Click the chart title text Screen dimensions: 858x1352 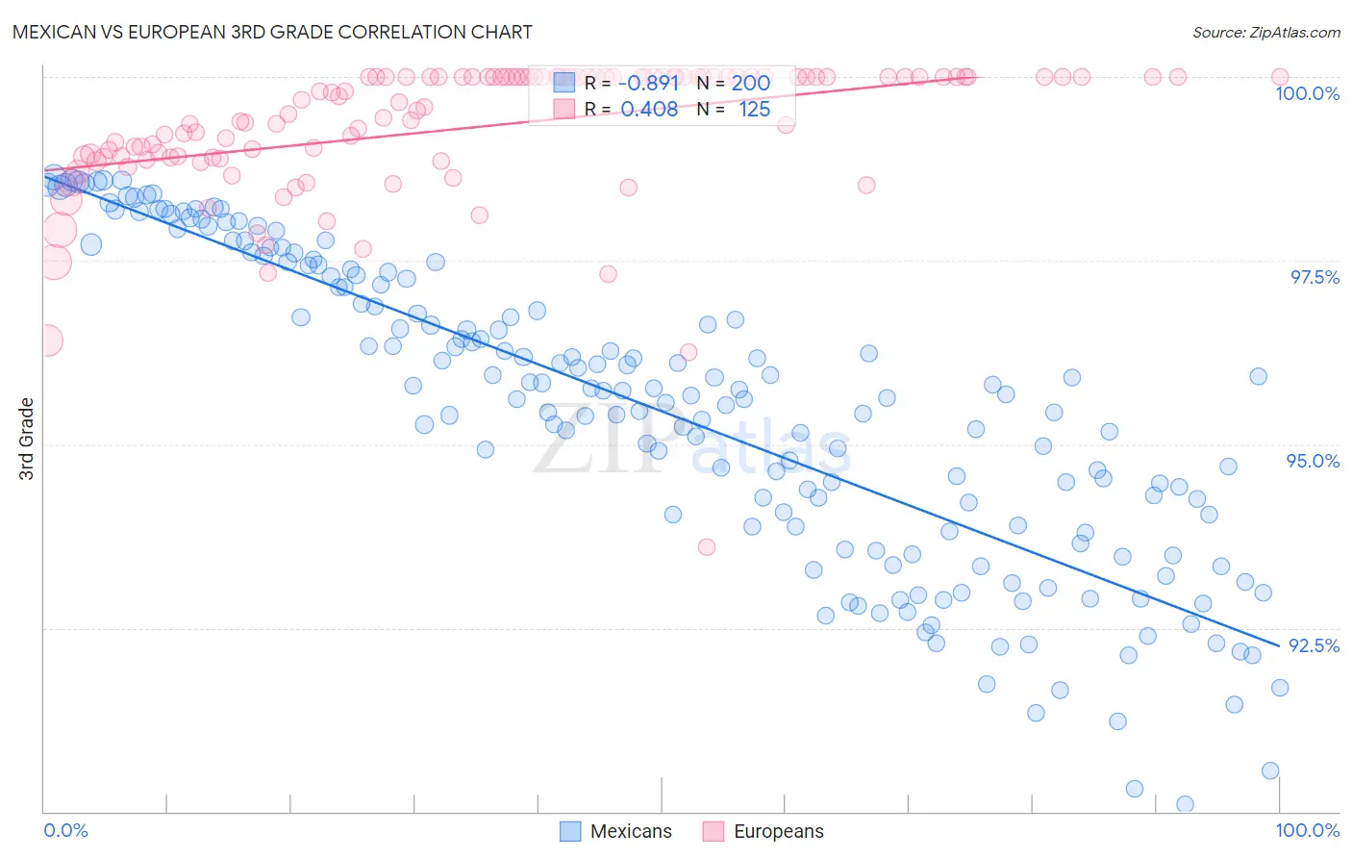click(272, 32)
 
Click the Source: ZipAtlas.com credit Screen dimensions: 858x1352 click(1265, 32)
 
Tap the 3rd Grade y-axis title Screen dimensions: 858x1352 click(27, 439)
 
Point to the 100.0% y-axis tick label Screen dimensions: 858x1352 click(1307, 93)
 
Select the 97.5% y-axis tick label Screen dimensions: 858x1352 click(1314, 277)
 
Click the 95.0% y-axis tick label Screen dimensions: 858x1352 click(1313, 461)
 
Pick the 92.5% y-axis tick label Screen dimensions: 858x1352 click(1314, 645)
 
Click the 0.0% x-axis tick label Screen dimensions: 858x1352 click(65, 830)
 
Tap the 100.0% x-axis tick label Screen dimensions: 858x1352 click(1307, 830)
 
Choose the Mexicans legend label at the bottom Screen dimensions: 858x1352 click(631, 831)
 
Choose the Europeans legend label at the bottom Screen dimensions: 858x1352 click(778, 831)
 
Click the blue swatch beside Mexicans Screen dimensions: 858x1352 click(570, 831)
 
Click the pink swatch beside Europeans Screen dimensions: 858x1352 click(713, 831)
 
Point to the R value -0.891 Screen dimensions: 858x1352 click(648, 83)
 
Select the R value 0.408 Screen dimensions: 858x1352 click(649, 110)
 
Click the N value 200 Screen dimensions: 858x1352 click(750, 83)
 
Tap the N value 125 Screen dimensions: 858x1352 click(754, 110)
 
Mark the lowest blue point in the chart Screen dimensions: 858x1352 click(1185, 804)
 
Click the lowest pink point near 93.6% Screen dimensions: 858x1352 click(707, 546)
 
